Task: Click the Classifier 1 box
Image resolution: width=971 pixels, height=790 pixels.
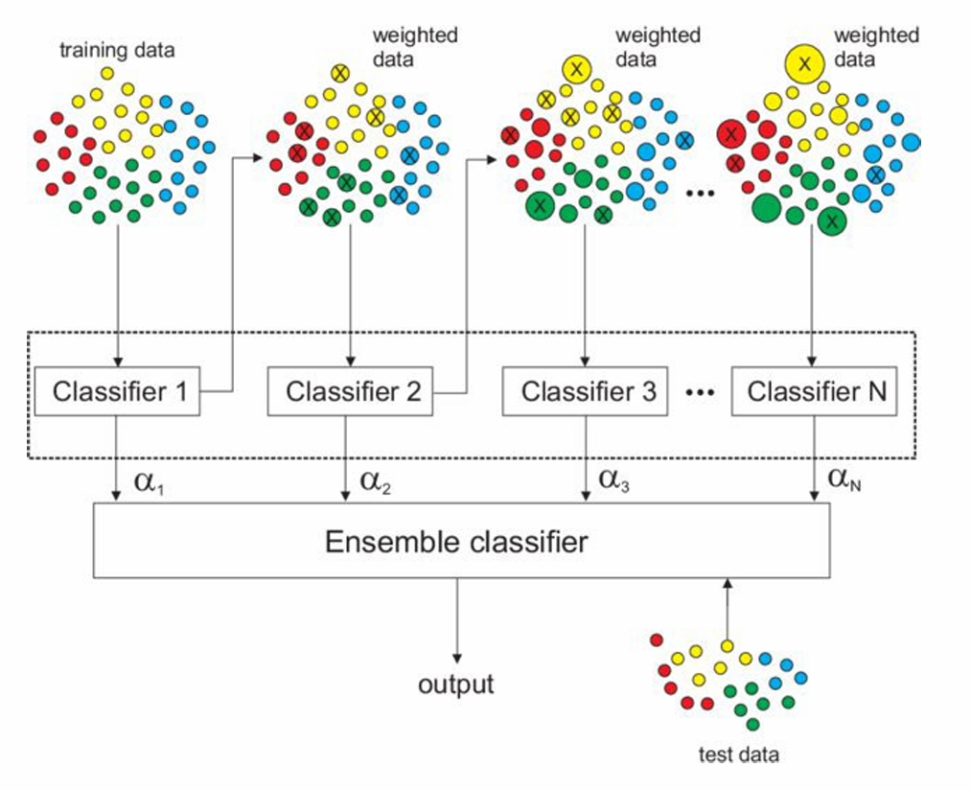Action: pos(118,391)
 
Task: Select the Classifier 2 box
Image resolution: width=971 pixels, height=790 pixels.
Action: pos(350,391)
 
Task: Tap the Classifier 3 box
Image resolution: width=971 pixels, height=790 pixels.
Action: pos(585,391)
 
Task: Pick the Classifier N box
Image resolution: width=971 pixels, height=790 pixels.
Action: pos(814,391)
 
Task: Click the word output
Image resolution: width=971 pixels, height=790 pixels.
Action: pos(456,685)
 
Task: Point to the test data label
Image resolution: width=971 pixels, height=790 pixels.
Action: pos(738,755)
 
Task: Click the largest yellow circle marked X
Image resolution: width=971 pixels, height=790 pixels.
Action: pos(805,62)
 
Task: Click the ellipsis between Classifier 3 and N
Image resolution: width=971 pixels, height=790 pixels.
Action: pos(701,392)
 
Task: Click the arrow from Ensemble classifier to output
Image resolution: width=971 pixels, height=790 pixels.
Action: pos(456,623)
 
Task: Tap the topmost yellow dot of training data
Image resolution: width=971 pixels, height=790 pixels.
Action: pos(107,73)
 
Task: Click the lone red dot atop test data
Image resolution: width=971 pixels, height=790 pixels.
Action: pos(657,639)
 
